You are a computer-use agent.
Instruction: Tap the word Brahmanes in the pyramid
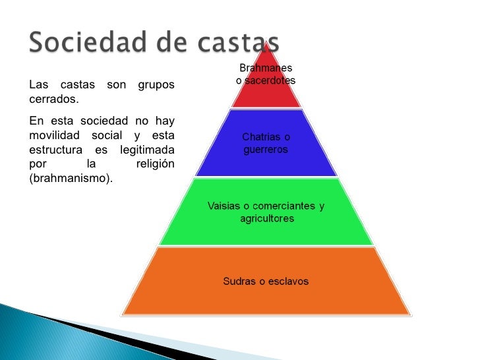click(x=266, y=68)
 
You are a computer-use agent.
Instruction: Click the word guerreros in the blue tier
click(x=266, y=150)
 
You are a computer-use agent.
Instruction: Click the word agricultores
click(x=266, y=218)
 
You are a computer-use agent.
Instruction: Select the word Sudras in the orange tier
click(x=238, y=281)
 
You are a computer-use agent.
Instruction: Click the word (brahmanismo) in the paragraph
click(x=71, y=178)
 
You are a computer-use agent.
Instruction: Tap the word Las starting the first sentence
click(x=39, y=85)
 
